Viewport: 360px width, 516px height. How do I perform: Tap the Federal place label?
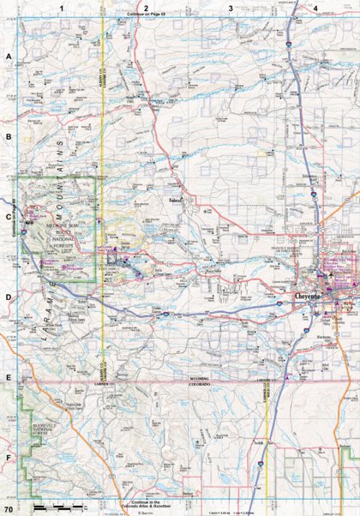pyautogui.click(x=176, y=203)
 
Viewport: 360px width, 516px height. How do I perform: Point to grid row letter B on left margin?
pyautogui.click(x=9, y=136)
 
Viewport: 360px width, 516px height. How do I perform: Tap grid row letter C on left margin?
pyautogui.click(x=9, y=217)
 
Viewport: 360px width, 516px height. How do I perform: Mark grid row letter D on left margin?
pyautogui.click(x=9, y=297)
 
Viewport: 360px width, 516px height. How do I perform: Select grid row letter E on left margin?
pyautogui.click(x=9, y=377)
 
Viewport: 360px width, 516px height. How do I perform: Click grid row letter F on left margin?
pyautogui.click(x=9, y=458)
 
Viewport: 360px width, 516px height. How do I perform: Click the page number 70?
pyautogui.click(x=8, y=510)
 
